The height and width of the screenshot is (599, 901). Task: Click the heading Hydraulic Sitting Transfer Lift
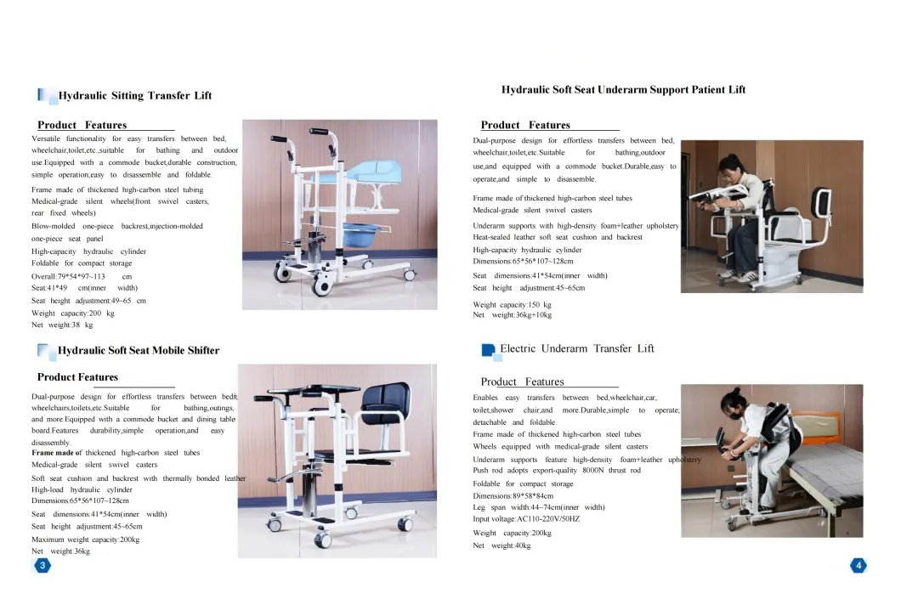tap(135, 95)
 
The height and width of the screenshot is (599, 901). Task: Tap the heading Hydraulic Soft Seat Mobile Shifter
tap(139, 350)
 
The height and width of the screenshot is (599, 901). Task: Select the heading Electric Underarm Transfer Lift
tap(577, 348)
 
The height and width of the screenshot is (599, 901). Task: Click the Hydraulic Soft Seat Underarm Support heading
tap(623, 89)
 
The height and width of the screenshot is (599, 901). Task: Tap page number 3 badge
tap(42, 565)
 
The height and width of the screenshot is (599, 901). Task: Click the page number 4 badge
tap(858, 566)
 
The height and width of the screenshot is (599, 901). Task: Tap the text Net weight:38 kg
tap(62, 325)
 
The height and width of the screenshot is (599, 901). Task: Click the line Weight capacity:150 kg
tap(512, 305)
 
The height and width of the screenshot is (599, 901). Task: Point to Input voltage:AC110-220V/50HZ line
tap(526, 519)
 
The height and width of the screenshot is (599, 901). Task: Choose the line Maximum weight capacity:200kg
tap(86, 540)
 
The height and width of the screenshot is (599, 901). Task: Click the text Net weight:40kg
tap(501, 545)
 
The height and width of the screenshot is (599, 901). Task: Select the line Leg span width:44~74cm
tap(539, 508)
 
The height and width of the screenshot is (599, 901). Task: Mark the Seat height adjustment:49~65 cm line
tap(89, 301)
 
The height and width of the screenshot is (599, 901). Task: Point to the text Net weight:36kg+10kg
tap(512, 315)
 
